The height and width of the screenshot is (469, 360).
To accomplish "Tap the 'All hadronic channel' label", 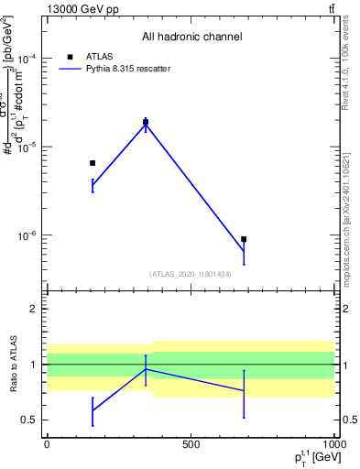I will pos(191,38).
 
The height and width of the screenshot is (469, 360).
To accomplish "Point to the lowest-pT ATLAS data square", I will pos(93,163).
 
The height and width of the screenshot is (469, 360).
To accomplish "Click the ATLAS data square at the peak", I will pos(146,122).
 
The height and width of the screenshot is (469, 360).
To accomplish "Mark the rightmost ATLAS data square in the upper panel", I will pos(244,239).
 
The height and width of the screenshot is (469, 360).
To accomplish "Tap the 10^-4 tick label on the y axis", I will pos(27,58).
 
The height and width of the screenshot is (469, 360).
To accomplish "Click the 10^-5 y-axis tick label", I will pos(27,147).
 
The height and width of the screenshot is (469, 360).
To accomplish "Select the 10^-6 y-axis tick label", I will pos(27,235).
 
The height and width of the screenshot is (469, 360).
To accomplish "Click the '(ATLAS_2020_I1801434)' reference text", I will pos(191,274).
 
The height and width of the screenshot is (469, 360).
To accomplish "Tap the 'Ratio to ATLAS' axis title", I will pos(13,365).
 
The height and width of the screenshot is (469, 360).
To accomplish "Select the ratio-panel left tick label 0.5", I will pos(29,420).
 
